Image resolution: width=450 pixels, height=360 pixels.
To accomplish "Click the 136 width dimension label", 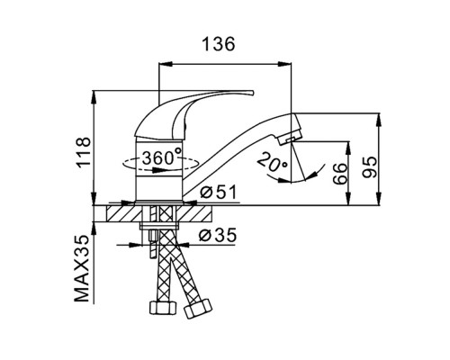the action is pos(219,44).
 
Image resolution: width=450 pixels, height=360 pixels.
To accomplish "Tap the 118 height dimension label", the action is pos(83,153).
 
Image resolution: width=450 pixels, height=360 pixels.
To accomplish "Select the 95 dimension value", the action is pos(369,167).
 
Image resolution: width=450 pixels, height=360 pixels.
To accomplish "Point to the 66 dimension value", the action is pos(340,174).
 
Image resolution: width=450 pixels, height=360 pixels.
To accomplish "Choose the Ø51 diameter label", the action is pos(218,192).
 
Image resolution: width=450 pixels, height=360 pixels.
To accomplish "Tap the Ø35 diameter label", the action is pos(218,235).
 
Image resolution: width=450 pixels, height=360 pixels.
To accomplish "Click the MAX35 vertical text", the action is pos(82,268).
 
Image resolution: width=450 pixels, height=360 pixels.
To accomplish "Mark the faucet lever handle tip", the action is pos(252,93).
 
